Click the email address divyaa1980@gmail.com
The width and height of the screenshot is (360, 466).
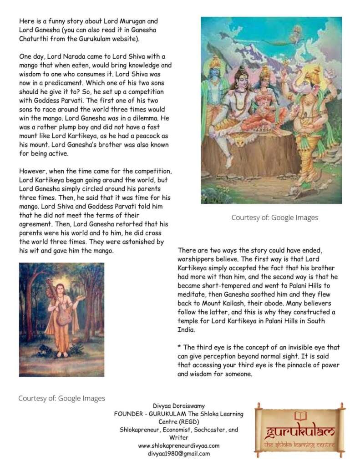[179, 454]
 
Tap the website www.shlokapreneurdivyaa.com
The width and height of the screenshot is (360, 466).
[179, 446]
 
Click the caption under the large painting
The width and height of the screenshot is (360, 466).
[274, 218]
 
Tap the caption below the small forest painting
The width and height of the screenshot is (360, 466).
[61, 398]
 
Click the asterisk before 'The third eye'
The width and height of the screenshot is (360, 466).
[179, 347]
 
